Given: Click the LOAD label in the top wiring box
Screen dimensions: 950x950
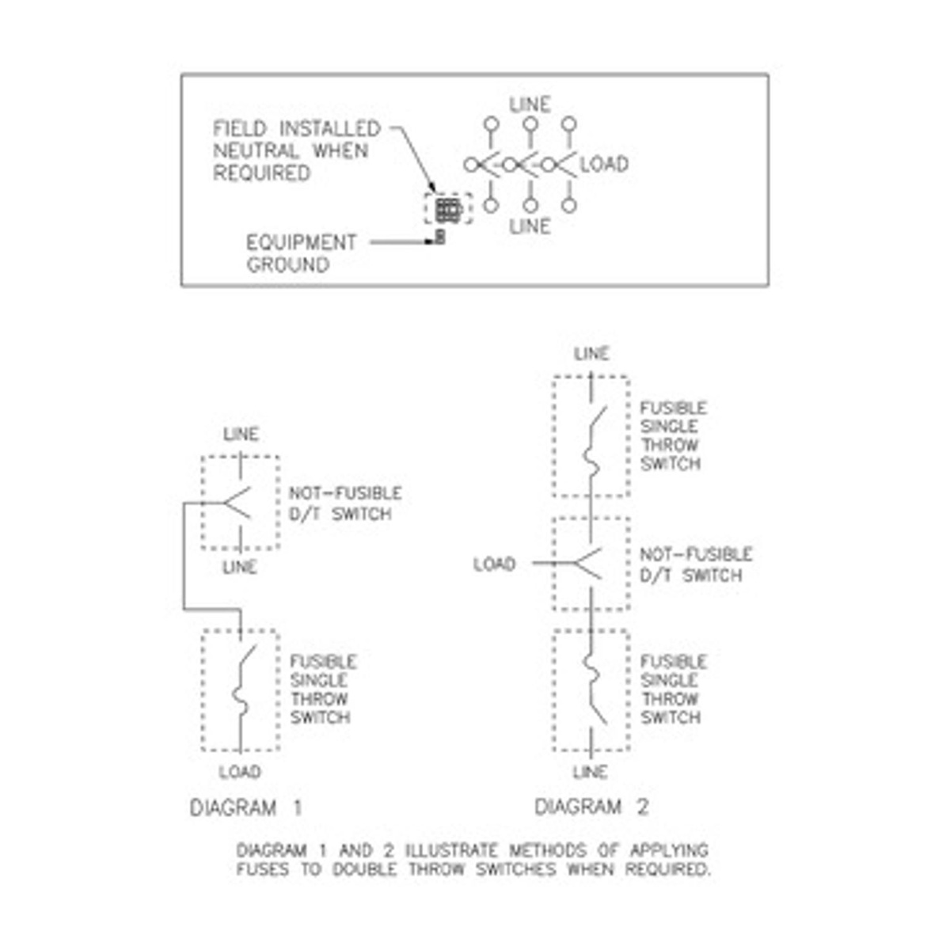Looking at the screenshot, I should tap(605, 165).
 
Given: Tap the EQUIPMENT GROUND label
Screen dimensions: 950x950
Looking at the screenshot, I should tap(301, 253).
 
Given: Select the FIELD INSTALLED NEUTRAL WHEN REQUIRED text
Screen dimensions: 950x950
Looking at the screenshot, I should tap(296, 150).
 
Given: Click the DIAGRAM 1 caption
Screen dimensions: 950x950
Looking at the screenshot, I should tap(245, 808).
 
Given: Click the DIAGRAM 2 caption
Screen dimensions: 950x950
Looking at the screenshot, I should tap(591, 807).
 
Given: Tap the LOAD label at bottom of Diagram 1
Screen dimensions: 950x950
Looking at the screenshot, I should tap(240, 772).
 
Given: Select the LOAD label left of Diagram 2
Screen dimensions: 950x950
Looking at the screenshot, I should tap(494, 564).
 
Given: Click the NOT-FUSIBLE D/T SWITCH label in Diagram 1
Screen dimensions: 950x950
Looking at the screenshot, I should tap(344, 503).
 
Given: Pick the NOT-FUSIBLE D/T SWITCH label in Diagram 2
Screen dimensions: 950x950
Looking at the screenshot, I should tap(695, 564).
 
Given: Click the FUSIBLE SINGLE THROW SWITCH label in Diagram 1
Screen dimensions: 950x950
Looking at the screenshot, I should tap(322, 690).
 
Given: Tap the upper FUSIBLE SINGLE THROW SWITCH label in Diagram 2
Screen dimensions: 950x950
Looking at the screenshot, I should tap(672, 436).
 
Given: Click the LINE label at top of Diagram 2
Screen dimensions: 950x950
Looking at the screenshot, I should tap(591, 354).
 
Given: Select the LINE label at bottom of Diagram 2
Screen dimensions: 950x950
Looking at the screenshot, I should tap(590, 772).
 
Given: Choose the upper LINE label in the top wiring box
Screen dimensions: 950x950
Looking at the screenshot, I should tap(530, 104).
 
